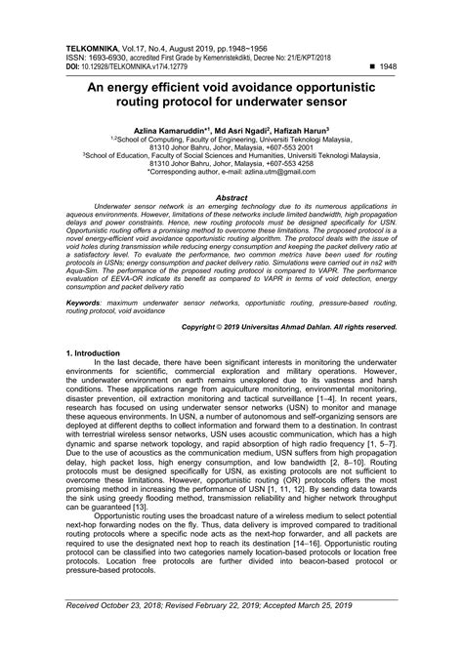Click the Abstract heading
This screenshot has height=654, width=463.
[231, 197]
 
